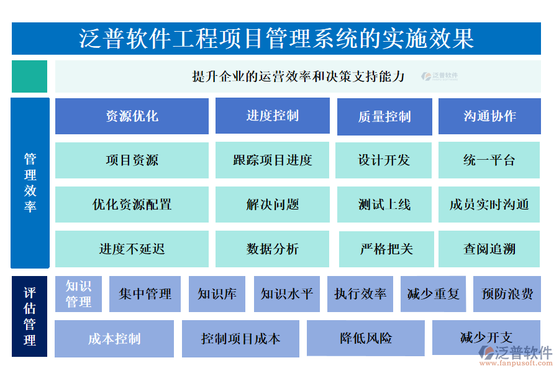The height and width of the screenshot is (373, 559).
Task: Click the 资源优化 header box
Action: [x=132, y=116]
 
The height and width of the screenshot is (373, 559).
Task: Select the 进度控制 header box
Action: [x=272, y=116]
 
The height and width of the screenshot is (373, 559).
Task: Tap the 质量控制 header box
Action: [x=384, y=117]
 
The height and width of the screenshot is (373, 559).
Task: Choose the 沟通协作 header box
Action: [x=489, y=116]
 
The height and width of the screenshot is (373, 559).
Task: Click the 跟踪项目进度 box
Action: [x=272, y=160]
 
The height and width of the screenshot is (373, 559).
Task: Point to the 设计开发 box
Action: [x=384, y=160]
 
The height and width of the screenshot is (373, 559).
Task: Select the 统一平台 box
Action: [x=489, y=160]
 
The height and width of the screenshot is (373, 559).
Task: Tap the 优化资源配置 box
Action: [x=132, y=205]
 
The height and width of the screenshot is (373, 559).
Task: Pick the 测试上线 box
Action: [x=384, y=205]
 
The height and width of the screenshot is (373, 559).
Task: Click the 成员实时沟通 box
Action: [x=489, y=205]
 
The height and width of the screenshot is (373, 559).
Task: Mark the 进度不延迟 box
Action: [x=132, y=249]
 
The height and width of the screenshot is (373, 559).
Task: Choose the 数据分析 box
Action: [x=272, y=249]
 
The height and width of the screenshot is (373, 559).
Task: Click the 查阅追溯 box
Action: [x=489, y=249]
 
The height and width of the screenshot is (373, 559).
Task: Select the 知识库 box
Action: [x=217, y=294]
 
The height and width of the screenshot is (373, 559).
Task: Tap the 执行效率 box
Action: [x=360, y=294]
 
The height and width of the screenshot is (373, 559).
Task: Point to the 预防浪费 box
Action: [x=507, y=294]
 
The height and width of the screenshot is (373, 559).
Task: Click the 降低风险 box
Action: [x=366, y=339]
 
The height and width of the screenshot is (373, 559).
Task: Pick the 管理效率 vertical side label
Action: [x=30, y=183]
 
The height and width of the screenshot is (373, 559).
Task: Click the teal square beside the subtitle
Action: [x=29, y=76]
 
